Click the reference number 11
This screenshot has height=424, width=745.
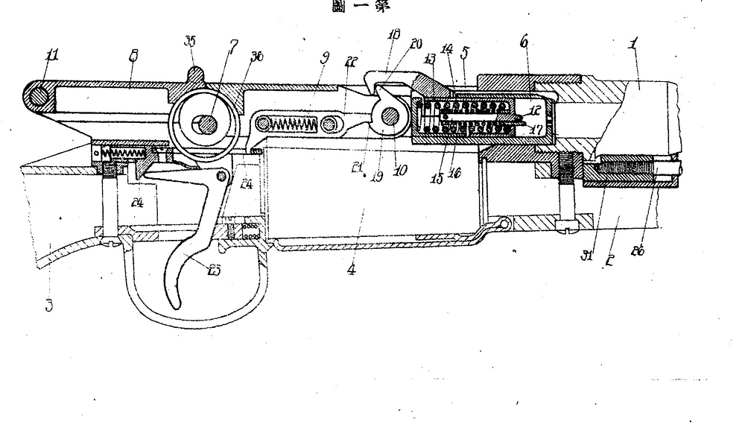point(51,54)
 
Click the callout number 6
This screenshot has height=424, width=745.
point(524,44)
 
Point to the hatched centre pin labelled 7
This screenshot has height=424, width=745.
point(203,124)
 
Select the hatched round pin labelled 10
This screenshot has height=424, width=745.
point(389,116)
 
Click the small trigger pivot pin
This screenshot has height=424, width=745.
point(221,176)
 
